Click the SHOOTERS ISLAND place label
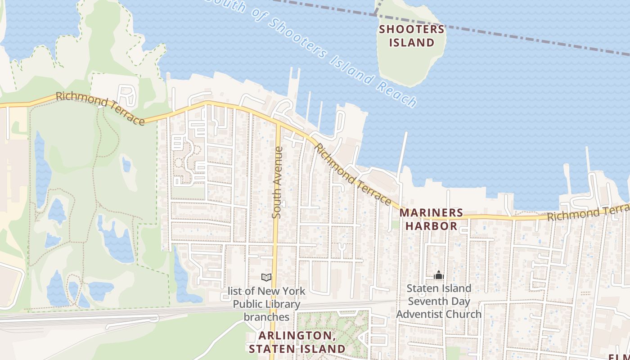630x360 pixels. click(412, 36)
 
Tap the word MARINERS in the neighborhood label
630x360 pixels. click(431, 212)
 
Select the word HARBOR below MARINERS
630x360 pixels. click(432, 226)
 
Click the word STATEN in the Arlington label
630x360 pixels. click(270, 349)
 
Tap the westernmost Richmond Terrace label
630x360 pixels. click(100, 108)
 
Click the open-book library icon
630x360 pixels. click(266, 277)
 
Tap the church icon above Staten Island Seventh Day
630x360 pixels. click(438, 274)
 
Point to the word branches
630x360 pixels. click(266, 317)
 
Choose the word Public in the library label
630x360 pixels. click(248, 304)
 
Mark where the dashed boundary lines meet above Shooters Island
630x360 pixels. click(375, 14)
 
